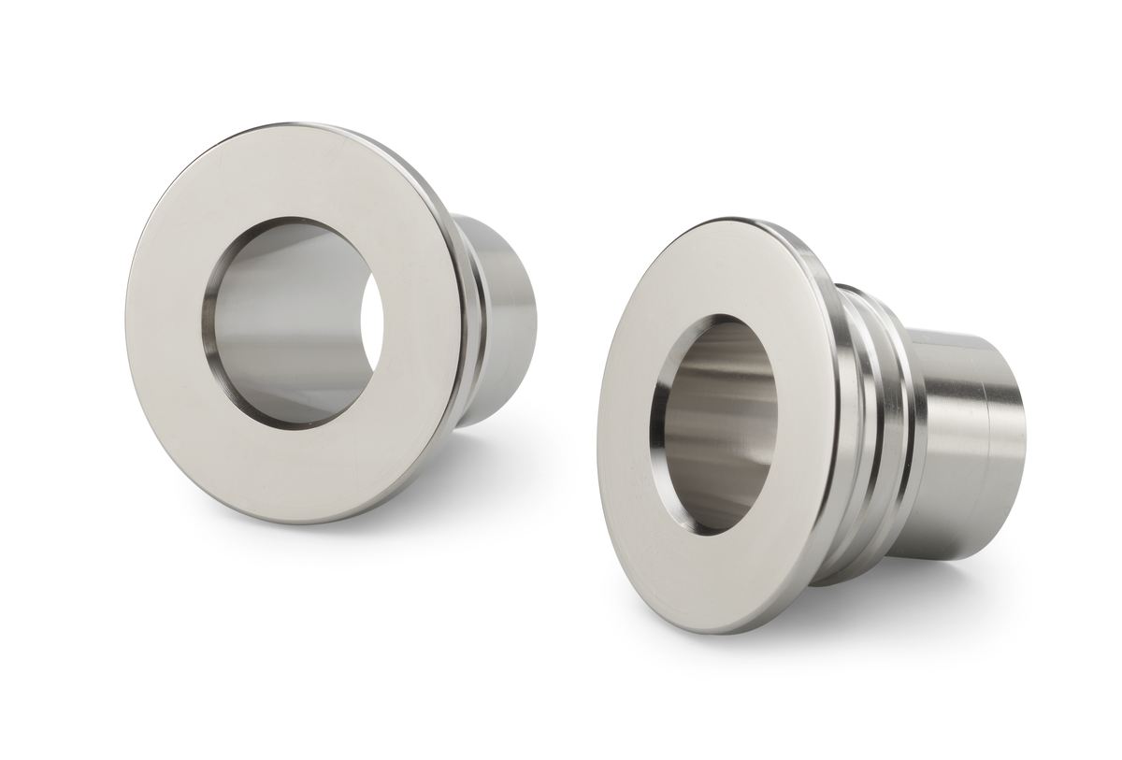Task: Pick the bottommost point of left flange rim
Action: [280, 523]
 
